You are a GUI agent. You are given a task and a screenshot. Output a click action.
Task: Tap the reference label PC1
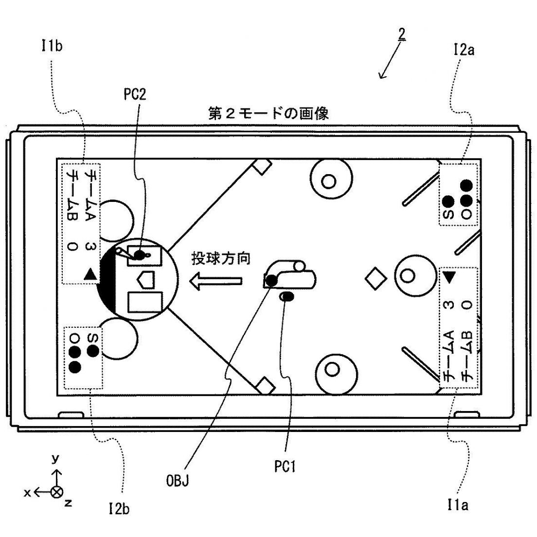point(284,467)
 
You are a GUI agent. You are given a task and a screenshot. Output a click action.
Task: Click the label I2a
point(462,49)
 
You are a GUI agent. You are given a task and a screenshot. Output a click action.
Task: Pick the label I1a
point(457,506)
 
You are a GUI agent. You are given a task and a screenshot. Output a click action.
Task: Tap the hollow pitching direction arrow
point(215,281)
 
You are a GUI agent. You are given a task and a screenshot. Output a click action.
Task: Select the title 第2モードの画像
point(268,114)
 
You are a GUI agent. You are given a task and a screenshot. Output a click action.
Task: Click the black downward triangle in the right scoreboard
point(449,277)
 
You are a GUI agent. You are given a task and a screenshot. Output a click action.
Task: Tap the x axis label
point(27,493)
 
